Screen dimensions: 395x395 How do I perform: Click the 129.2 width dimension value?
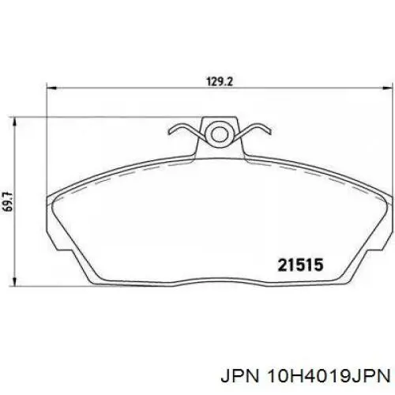(x=220, y=81)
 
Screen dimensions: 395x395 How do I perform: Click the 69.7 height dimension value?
(x=9, y=201)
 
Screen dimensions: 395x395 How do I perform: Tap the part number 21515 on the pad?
(x=301, y=265)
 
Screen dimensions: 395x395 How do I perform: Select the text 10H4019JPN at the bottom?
(x=329, y=377)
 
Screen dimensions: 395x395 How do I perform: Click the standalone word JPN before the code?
(x=240, y=377)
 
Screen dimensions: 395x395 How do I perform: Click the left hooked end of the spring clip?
(x=171, y=130)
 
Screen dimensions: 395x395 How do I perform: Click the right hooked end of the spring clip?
(x=267, y=130)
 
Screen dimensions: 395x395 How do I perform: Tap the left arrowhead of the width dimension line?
(x=52, y=88)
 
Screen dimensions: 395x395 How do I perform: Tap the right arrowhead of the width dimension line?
(x=389, y=88)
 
